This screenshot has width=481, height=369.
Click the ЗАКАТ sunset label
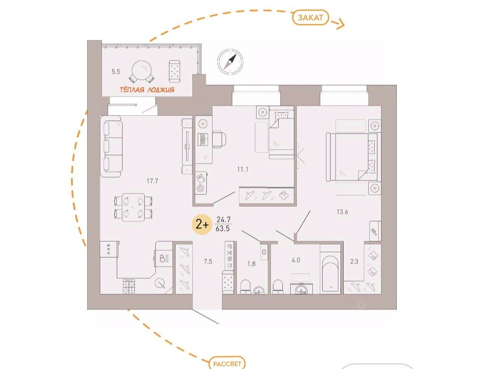pos(310,18)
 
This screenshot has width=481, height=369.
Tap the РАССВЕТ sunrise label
pos(227,364)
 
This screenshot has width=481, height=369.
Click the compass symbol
pos(230,61)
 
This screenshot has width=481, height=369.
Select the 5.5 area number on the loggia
pos(116,71)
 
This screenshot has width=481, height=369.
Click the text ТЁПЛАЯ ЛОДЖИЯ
pos(147,90)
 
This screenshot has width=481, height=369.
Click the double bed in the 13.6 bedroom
pos(353,157)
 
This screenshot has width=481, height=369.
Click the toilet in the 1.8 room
pos(245,286)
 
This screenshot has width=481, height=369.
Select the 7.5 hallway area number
pos(208,261)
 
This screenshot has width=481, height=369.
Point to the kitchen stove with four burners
pos(129,286)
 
